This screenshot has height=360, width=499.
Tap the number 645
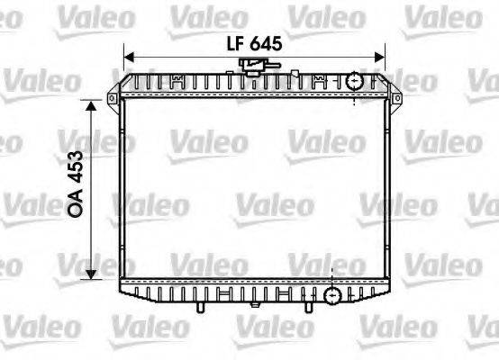click(x=268, y=42)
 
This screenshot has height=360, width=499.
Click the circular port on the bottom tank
click(x=332, y=293)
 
